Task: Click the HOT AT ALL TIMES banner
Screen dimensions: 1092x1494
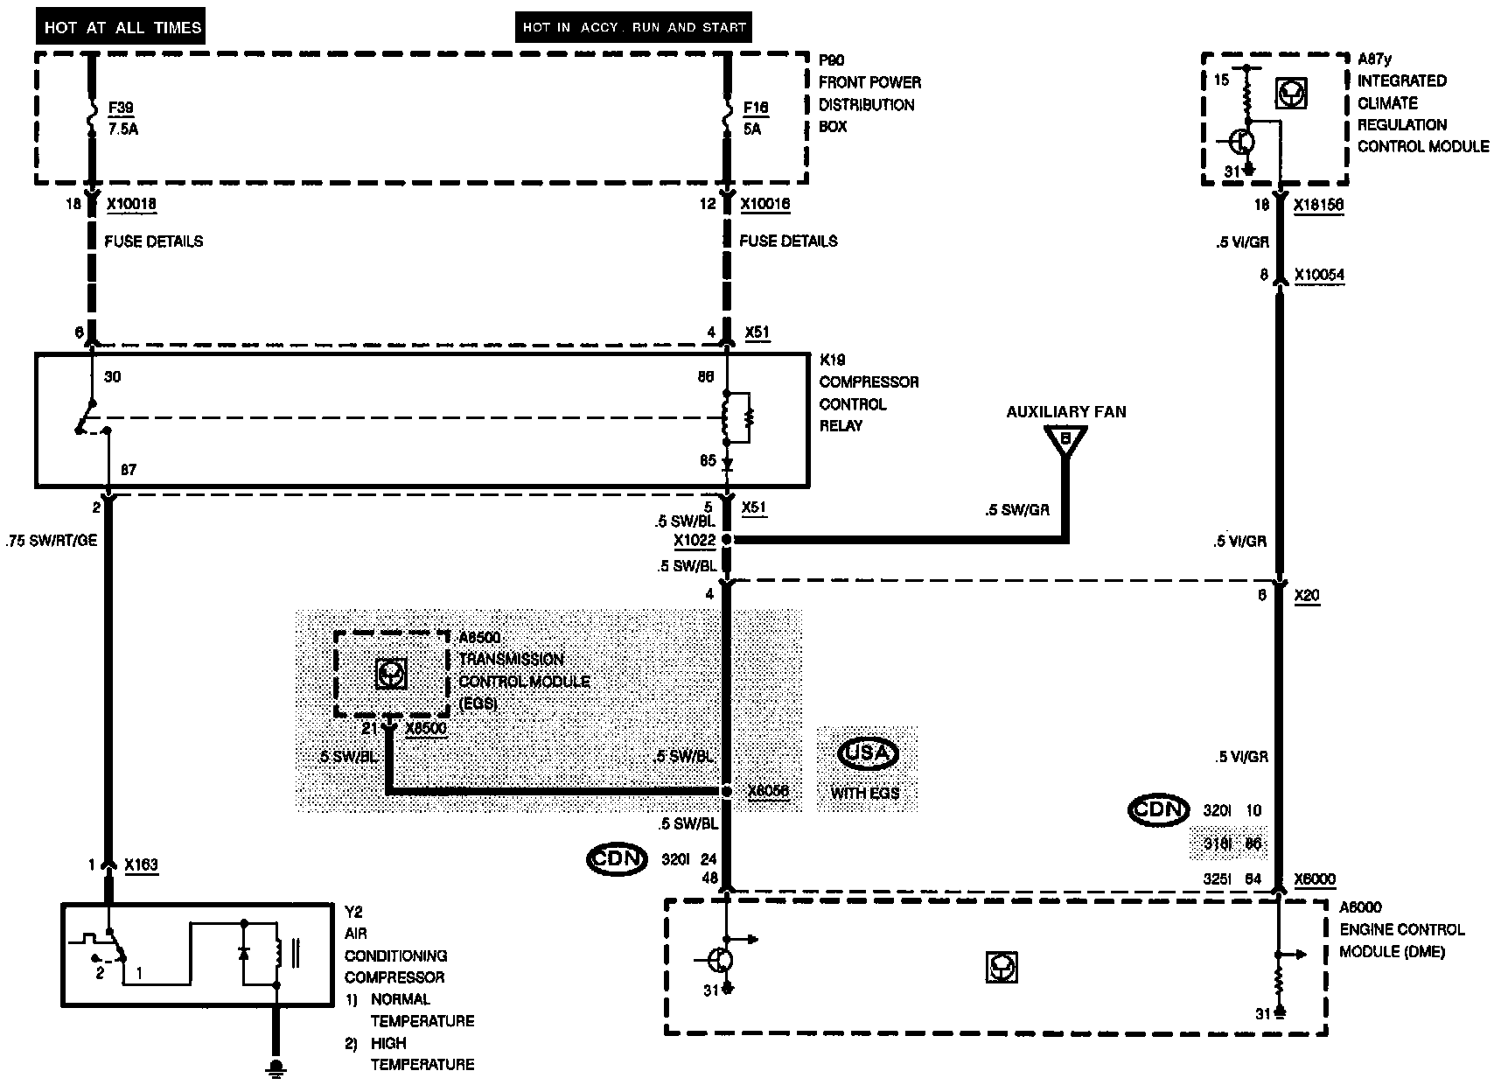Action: [122, 28]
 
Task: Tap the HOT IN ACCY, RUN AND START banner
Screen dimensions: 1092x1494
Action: [633, 28]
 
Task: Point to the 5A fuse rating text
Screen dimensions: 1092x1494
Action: [752, 129]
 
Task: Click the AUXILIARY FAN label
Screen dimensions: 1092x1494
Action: [1065, 411]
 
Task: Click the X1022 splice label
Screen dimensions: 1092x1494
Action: [695, 540]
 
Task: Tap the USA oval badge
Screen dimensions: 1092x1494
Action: [868, 753]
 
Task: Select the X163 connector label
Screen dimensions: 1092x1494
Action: [142, 864]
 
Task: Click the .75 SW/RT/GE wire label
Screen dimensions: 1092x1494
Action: [51, 540]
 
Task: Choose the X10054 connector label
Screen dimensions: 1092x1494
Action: [1319, 275]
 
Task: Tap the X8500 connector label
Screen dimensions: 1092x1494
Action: [426, 728]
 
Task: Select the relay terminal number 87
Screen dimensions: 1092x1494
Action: [129, 470]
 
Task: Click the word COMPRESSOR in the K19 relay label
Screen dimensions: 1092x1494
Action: [869, 381]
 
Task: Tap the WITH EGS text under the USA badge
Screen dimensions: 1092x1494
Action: [864, 794]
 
